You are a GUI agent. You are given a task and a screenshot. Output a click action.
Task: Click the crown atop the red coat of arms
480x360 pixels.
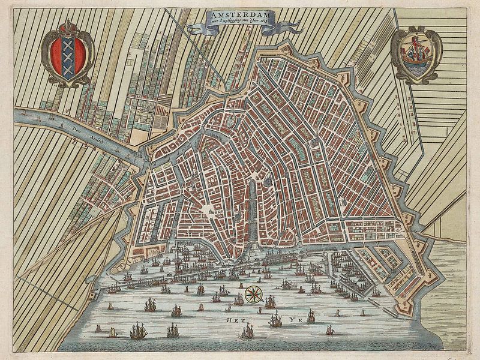[x=68, y=27]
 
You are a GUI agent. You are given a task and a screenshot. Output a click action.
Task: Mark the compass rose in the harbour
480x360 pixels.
[x=253, y=294]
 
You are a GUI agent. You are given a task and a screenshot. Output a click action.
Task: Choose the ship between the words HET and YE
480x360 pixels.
[x=275, y=320]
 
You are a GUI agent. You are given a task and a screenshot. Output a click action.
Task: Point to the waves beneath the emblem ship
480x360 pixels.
[x=415, y=66]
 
